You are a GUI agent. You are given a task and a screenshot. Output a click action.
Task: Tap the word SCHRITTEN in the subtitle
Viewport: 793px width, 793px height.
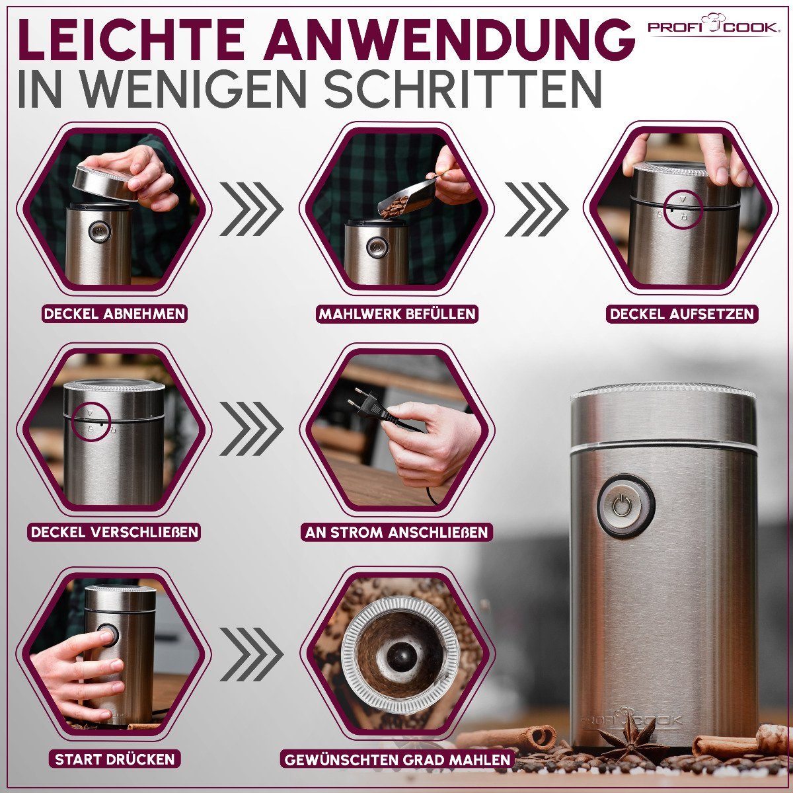pos(463,91)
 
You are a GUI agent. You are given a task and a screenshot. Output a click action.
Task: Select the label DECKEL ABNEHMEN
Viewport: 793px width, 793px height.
pos(114,313)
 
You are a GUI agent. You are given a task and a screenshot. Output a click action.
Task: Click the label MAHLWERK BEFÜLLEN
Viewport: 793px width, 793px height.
pos(397,313)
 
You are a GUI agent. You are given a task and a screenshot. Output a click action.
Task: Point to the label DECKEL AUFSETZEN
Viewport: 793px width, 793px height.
pos(682,313)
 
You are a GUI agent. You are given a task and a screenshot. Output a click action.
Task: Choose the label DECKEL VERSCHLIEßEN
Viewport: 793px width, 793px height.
pos(114,531)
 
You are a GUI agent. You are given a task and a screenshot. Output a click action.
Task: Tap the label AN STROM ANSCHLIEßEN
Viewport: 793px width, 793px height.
pos(397,532)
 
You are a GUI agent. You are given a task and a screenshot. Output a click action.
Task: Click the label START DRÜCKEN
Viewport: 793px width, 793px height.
pos(114,759)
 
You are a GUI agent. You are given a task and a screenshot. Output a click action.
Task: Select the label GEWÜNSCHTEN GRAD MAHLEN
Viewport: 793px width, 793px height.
pos(397,759)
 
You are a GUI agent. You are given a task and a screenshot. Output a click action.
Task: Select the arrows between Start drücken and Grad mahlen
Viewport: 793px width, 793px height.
pos(251,654)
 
